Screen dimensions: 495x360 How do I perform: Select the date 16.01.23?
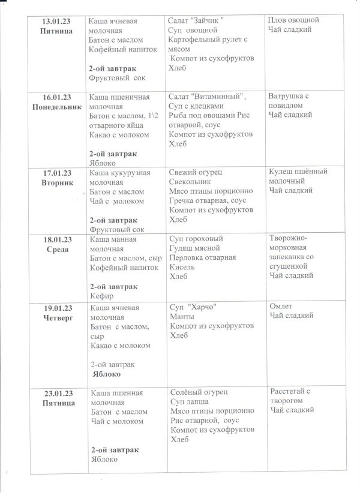point(58,97)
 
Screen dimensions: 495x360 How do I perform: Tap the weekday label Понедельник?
point(58,106)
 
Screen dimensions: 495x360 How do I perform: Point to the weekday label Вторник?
point(58,182)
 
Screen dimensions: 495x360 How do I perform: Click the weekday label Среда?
point(58,250)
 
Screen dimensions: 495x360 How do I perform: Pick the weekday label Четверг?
point(58,317)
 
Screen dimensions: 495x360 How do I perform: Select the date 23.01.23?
point(58,394)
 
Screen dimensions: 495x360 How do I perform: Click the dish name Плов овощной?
point(293,20)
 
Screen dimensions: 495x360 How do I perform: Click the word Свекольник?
point(191,182)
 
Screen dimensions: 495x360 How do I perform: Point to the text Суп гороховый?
point(196,238)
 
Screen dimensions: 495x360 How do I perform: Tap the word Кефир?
point(101,296)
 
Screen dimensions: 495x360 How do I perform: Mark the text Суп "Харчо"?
point(194,307)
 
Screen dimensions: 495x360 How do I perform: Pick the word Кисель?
point(182,267)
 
